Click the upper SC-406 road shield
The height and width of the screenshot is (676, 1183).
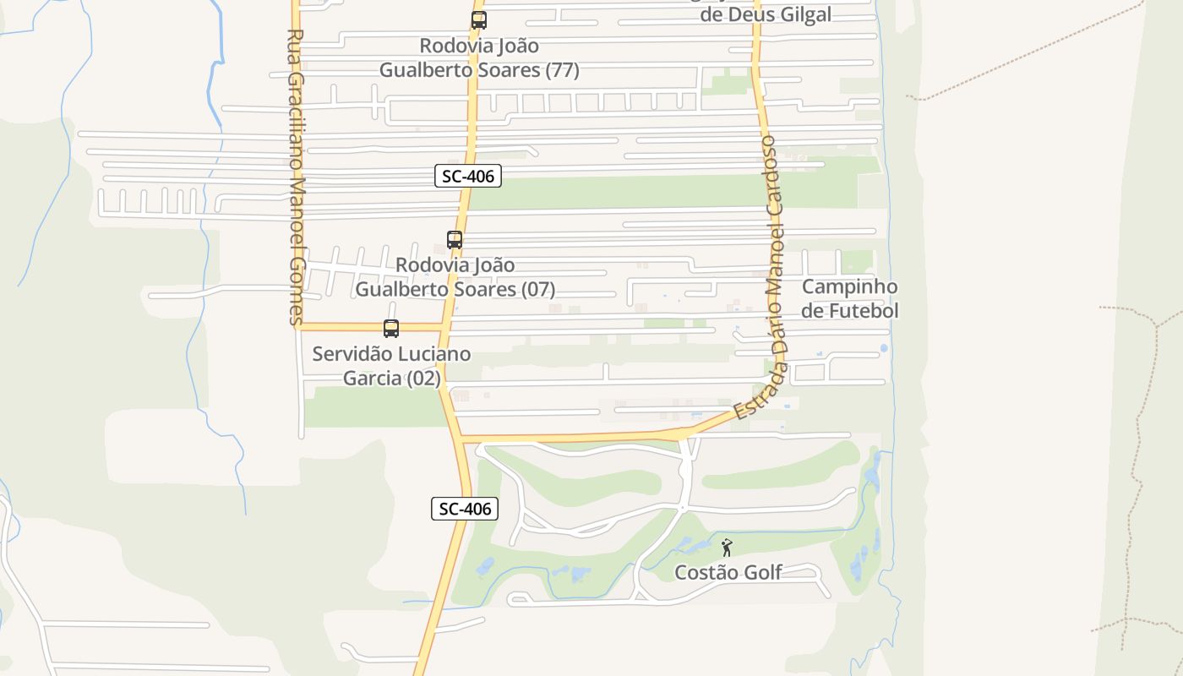(x=468, y=176)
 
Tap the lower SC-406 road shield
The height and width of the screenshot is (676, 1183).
(x=465, y=509)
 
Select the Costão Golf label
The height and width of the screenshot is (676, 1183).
(x=728, y=573)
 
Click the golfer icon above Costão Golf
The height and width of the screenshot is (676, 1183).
(x=727, y=548)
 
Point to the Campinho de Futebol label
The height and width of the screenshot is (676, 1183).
(x=849, y=298)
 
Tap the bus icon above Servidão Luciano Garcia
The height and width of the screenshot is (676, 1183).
(x=391, y=329)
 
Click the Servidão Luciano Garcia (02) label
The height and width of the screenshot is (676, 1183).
(x=391, y=366)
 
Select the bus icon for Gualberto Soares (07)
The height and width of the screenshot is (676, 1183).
(x=455, y=240)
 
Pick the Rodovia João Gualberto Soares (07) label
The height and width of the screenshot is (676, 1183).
(x=455, y=277)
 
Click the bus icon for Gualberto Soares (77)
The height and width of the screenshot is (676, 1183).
(x=479, y=20)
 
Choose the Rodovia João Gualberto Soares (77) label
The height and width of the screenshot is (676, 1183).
(x=479, y=57)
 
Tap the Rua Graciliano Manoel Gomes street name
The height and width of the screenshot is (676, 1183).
(x=295, y=177)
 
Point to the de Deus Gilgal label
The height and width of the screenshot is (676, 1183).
(x=766, y=14)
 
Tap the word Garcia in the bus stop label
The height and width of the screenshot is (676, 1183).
(x=372, y=378)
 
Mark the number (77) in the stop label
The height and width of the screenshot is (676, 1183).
(x=563, y=70)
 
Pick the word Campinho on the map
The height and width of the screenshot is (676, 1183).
(x=849, y=286)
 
